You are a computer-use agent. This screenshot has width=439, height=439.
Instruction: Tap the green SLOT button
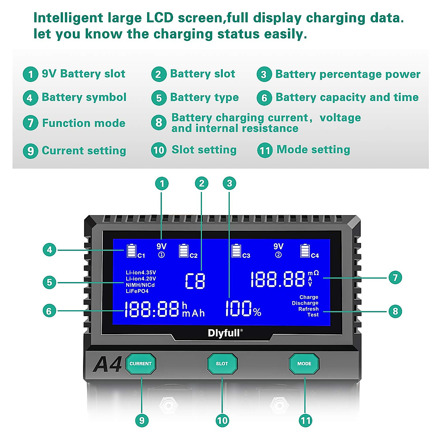click(x=222, y=364)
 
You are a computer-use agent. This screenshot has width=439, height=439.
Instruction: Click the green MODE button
click(x=304, y=364)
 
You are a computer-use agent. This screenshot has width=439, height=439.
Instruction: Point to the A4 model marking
click(x=107, y=364)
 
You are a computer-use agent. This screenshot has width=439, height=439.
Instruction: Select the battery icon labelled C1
click(x=131, y=251)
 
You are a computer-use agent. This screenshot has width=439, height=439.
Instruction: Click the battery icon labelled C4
click(x=305, y=251)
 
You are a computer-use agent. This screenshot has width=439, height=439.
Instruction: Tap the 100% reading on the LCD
click(x=243, y=309)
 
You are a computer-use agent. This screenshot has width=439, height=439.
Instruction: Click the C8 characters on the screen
click(x=195, y=281)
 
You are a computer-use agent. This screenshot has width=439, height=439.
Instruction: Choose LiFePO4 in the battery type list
click(x=137, y=291)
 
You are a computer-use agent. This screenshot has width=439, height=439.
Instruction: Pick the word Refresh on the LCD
click(x=308, y=309)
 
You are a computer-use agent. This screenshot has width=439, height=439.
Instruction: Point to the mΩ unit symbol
click(x=313, y=273)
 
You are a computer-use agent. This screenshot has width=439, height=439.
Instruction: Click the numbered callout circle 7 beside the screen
click(x=395, y=278)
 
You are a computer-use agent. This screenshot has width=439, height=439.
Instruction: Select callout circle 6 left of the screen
click(x=49, y=311)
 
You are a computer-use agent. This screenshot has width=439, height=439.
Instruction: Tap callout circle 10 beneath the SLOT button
click(x=222, y=421)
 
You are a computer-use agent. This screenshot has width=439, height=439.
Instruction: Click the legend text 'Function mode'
click(x=84, y=123)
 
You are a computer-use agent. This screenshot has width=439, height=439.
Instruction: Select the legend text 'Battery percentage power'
click(x=348, y=74)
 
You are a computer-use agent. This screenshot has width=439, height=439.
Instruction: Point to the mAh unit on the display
click(x=194, y=313)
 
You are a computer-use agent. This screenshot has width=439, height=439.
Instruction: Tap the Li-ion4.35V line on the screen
click(x=141, y=273)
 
